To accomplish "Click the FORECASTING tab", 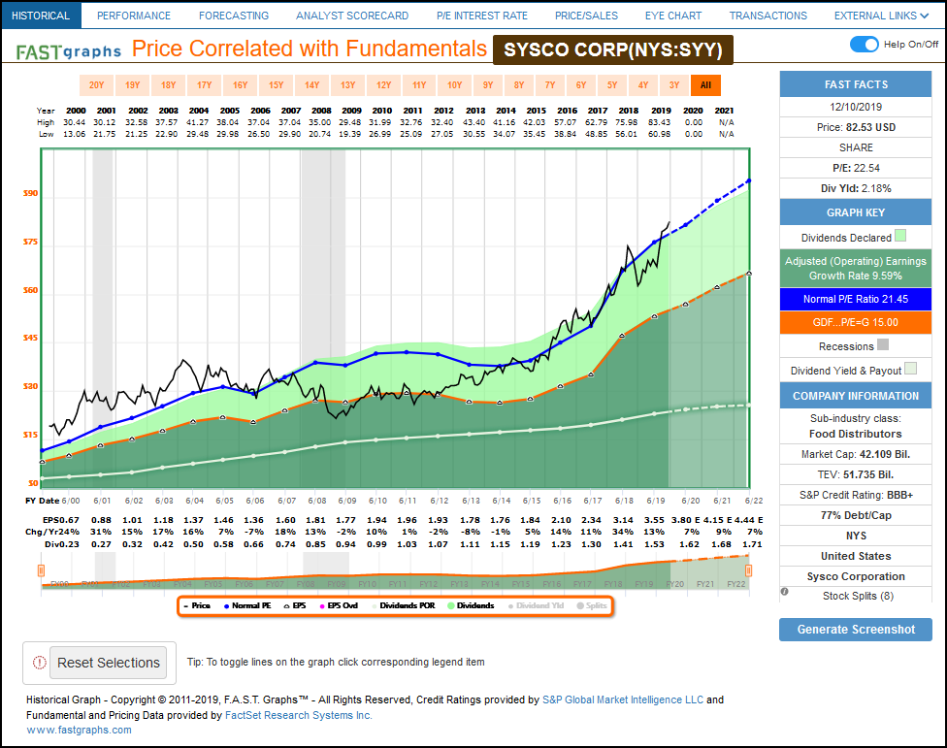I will tap(233, 16).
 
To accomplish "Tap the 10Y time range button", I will tap(453, 85).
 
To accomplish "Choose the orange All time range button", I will tap(705, 85).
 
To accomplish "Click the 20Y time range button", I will tap(96, 85).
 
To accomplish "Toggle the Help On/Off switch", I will tap(864, 45).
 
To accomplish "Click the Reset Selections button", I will tap(108, 663).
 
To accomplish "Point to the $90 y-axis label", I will tap(30, 194).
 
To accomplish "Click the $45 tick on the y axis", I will tap(30, 339).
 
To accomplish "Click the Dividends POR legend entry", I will tap(408, 605).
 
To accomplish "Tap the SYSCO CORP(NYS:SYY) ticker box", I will tap(612, 50).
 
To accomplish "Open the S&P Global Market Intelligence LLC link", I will tap(622, 699).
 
